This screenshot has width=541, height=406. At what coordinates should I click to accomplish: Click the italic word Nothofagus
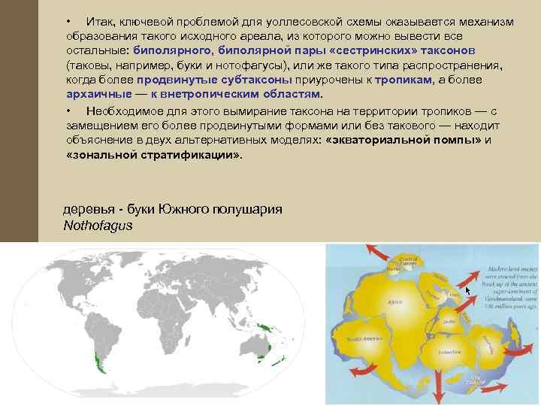[98, 224]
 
